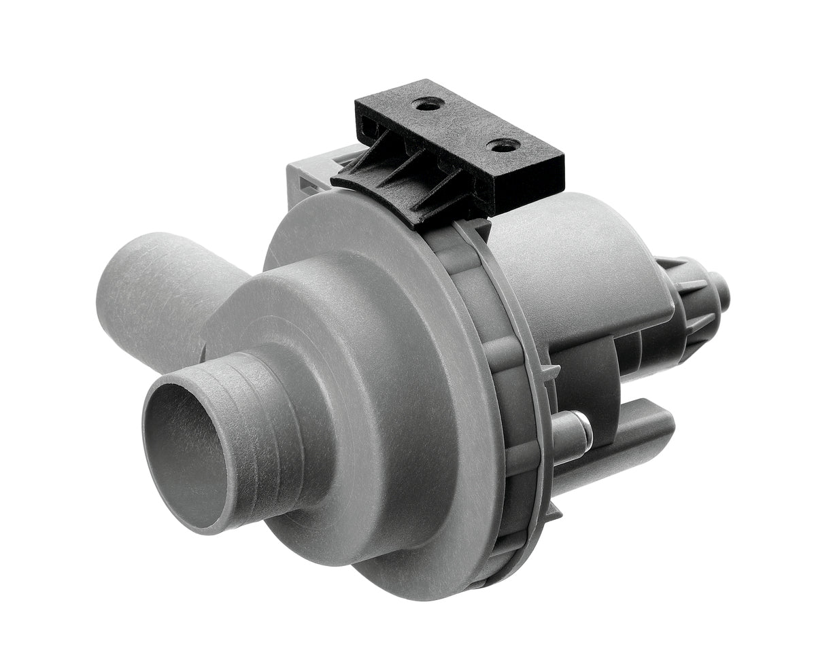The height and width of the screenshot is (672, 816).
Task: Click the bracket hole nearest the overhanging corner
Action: click(x=505, y=145)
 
